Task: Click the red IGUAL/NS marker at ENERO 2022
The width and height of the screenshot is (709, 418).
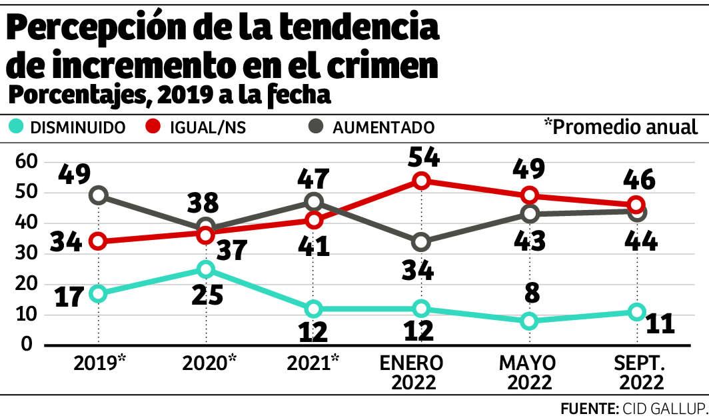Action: (421, 181)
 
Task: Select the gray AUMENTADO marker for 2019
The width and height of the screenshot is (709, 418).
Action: (99, 195)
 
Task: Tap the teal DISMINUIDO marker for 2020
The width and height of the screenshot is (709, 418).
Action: (206, 269)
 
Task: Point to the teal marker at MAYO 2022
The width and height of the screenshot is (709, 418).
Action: (529, 321)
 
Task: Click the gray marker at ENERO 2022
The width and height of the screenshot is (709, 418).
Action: (421, 241)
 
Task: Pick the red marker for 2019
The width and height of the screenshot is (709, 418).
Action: (99, 241)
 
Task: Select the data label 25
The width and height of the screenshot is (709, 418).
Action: (207, 294)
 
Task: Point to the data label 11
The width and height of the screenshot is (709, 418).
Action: (660, 323)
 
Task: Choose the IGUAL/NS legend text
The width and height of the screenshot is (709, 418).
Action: (207, 127)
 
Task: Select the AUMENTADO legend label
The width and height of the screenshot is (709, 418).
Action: (383, 127)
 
